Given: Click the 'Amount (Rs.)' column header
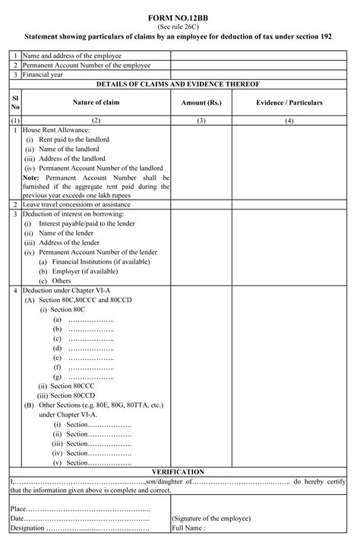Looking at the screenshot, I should point(201,102).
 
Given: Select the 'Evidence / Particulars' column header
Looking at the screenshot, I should point(289,102).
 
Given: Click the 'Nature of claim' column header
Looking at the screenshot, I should point(96,102).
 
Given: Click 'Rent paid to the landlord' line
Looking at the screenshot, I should point(78,140).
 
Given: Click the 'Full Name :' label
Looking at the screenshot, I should point(189,528).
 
